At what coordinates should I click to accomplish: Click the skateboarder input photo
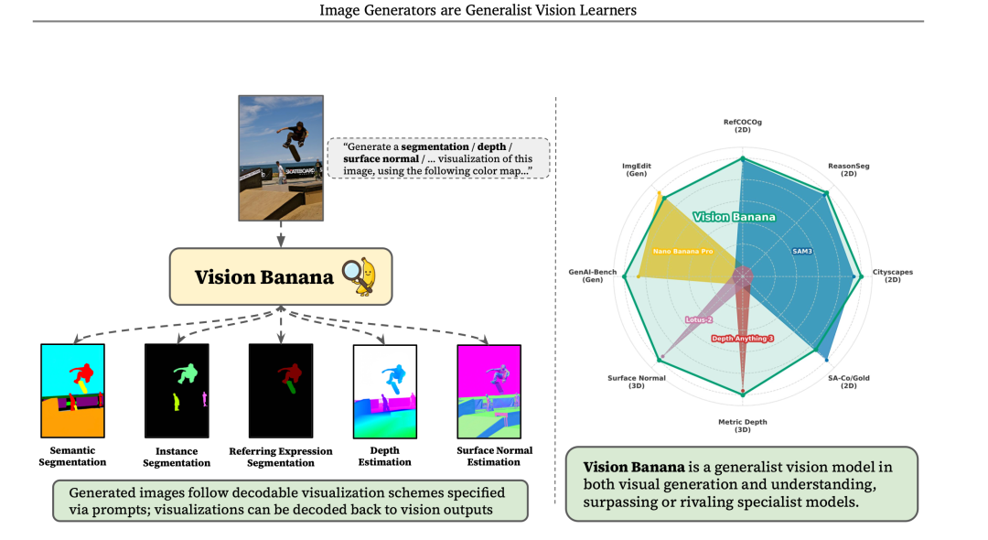coord(281,157)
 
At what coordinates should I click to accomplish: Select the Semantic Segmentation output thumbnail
coord(73,391)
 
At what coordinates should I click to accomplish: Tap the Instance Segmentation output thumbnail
coord(177,391)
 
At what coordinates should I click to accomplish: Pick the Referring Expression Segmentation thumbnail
coord(281,391)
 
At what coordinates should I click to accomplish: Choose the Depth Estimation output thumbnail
coord(385,392)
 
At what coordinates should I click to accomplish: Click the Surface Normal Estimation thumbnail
coord(489,392)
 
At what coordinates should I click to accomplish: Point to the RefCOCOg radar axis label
coord(742,125)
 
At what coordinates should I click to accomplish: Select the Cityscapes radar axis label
coord(892,275)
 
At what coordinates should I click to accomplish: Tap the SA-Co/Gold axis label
coord(848,382)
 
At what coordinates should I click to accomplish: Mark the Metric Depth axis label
coord(742,426)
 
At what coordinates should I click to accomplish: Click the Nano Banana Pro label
coord(682,250)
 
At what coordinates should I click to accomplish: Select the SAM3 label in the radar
coord(801,250)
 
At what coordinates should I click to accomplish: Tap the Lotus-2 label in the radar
coord(698,319)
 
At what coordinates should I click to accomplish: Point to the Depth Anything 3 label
coord(742,339)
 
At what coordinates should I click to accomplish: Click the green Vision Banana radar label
coord(734,217)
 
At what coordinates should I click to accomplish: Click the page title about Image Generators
coord(478,10)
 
